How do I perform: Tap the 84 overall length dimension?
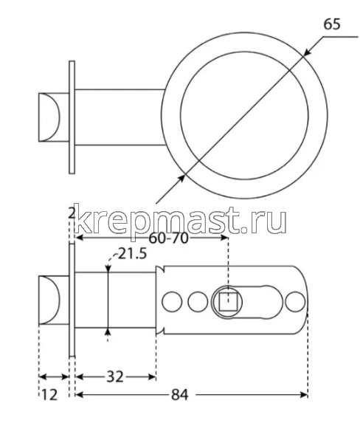point(179,395)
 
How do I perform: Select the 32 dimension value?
point(114,376)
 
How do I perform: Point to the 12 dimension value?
point(49,395)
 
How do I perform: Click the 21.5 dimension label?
point(133,253)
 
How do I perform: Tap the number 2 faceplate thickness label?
point(72,213)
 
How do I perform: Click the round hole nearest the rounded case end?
point(296,301)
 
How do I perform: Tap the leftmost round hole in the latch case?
point(172,301)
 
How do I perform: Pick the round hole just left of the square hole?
point(197,301)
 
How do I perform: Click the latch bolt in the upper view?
point(52,117)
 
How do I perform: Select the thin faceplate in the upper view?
point(72,117)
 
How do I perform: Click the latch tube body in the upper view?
point(118,117)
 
